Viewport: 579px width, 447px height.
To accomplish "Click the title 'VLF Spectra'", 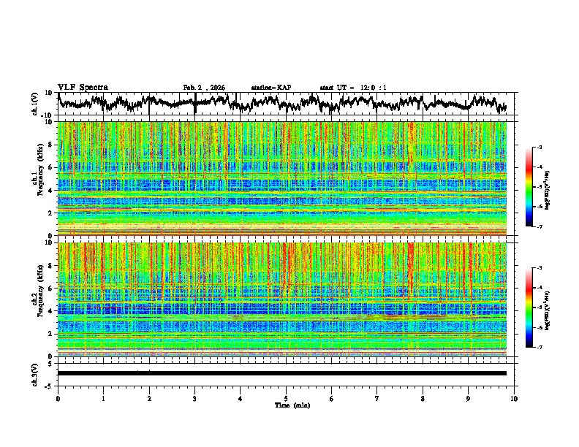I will coord(83,87).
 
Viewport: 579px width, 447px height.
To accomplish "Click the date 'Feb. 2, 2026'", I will coord(204,88).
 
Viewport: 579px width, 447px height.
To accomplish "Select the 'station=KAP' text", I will coord(270,88).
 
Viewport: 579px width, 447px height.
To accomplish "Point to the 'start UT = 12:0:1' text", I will coord(353,88).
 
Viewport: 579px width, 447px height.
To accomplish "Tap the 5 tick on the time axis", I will coord(286,397).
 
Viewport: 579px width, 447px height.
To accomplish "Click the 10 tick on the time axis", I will coord(515,397).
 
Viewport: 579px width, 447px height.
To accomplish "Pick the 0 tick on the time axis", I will coord(58,397).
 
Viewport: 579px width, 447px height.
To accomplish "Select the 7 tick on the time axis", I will coord(377,397).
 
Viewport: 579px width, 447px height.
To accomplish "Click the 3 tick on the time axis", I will coord(194,397).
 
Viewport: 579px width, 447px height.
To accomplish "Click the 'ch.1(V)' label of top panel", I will coord(35,104).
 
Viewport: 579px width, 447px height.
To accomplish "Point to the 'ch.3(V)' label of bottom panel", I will coord(35,373).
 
